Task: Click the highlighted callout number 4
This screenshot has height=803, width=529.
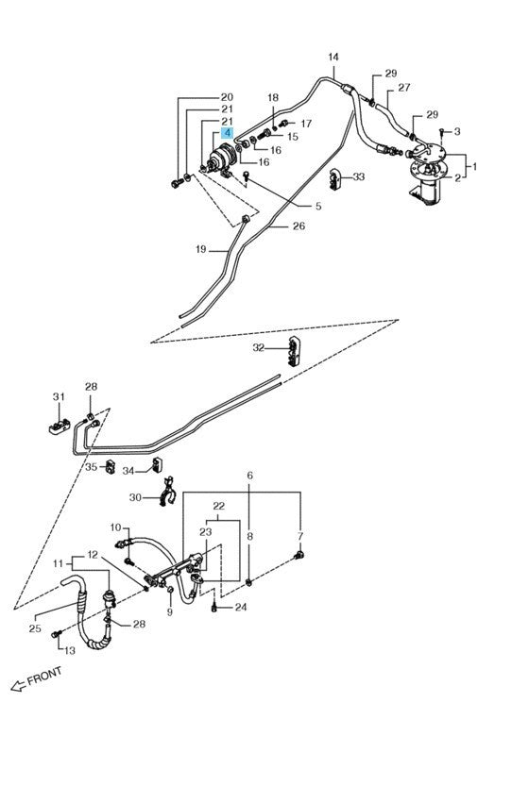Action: [228, 135]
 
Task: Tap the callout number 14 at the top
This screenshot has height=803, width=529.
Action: [333, 58]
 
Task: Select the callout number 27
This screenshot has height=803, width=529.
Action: [403, 88]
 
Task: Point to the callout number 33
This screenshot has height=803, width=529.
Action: [359, 176]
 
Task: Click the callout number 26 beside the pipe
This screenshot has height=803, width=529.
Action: [299, 226]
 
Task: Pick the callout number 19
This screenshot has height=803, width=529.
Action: [200, 250]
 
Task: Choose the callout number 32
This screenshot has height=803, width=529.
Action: [258, 347]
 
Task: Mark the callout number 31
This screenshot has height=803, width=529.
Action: [58, 396]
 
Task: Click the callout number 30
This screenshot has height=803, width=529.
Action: [135, 497]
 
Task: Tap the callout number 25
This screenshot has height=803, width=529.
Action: [35, 627]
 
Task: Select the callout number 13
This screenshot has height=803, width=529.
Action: [69, 649]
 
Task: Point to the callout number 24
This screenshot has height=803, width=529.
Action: [240, 608]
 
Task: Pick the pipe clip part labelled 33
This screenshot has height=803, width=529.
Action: [337, 177]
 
